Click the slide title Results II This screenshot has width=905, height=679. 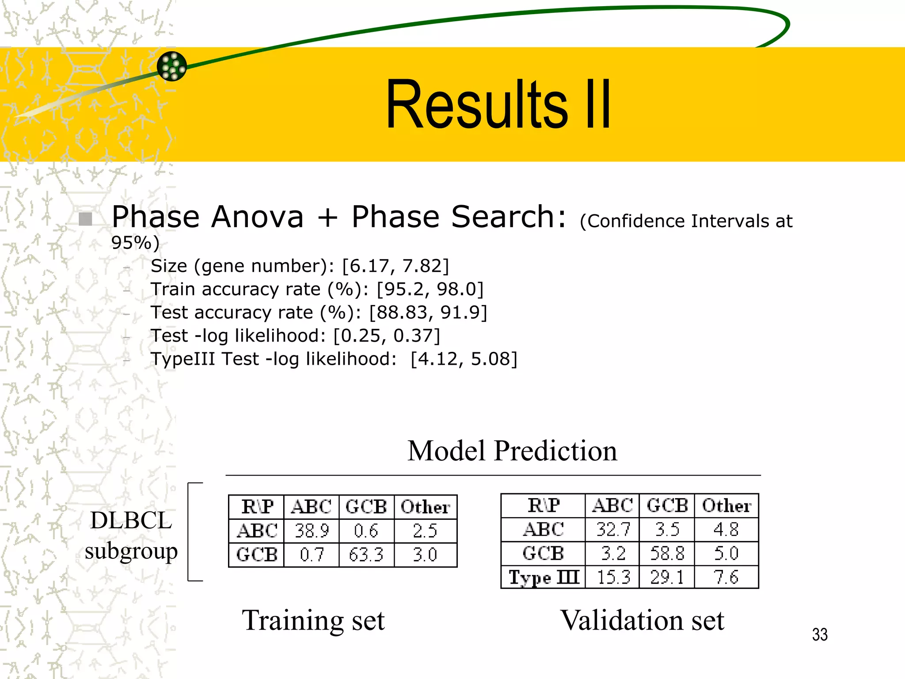pos(498,105)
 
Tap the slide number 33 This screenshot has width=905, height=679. pos(820,635)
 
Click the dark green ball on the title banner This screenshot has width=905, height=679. pos(172,66)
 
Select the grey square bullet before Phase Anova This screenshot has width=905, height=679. pos(85,219)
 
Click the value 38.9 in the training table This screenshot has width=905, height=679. pos(312,531)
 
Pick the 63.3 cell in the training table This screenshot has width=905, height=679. pos(366,555)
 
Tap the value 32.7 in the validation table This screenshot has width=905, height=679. pos(613,530)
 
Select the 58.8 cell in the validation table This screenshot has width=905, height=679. pos(667,553)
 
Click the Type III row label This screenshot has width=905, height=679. pos(544,577)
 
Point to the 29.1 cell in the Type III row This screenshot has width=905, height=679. pos(667,577)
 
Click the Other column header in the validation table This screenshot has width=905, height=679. pos(726,506)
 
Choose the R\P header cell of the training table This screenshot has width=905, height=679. pos(257,507)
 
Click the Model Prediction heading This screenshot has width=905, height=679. pos(512,451)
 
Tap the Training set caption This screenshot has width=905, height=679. pos(313,620)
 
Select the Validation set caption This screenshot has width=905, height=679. pos(642,620)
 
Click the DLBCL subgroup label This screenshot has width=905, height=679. pos(131,535)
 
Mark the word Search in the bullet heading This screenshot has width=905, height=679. pos(502,217)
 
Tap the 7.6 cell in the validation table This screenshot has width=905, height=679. pos(726,577)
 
